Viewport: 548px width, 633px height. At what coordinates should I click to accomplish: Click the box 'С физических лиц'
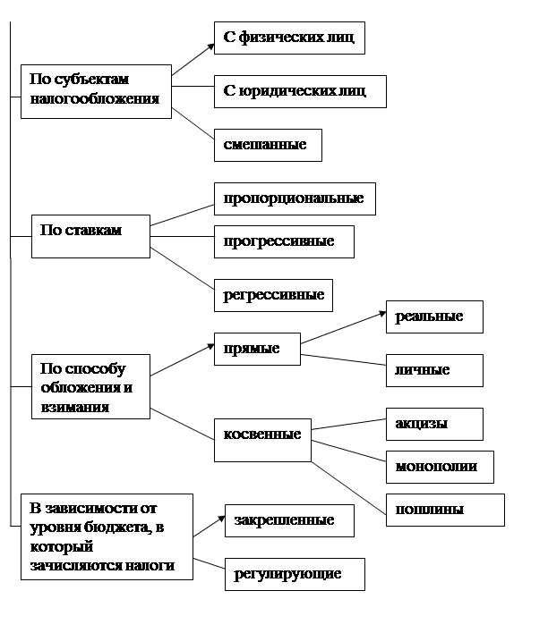(289, 38)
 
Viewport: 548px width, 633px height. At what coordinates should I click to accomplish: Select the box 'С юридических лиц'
(300, 91)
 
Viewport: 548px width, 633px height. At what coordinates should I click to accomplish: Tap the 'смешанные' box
(268, 146)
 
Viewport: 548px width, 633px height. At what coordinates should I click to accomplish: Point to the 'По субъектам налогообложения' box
(96, 91)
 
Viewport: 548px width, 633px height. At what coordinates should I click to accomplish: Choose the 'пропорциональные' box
(295, 198)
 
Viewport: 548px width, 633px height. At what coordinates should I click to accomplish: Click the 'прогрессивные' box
(284, 241)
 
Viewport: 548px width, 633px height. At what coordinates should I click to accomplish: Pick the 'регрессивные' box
(273, 295)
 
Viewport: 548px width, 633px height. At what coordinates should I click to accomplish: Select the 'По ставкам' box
(90, 236)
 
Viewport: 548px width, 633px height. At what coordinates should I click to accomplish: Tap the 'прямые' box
(257, 349)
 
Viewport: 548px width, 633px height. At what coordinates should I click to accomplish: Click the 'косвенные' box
(262, 440)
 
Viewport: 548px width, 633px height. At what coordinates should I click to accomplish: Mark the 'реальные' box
(434, 316)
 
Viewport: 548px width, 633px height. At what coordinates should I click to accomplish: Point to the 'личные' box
(434, 370)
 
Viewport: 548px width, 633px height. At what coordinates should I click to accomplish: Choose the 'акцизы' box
(434, 424)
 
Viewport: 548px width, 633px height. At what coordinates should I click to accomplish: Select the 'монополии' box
(440, 467)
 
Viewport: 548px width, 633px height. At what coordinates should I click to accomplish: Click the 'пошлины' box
(445, 510)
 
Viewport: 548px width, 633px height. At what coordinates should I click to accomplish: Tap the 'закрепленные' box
(289, 520)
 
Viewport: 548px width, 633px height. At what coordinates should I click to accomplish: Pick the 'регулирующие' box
(295, 574)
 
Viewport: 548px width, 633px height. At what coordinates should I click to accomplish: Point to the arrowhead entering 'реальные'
(383, 313)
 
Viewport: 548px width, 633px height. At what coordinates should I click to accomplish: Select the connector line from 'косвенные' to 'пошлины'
(348, 488)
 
